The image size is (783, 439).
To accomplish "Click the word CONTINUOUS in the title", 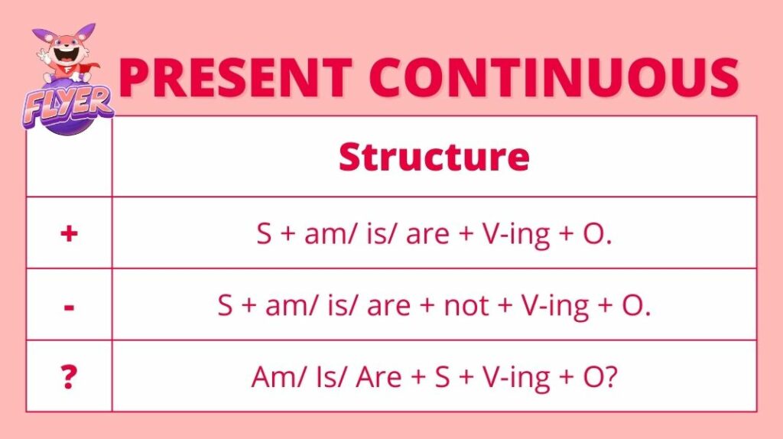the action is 554,77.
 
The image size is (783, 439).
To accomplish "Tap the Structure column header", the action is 434,157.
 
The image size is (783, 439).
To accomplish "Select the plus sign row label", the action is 69,233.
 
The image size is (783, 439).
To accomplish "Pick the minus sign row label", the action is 70,307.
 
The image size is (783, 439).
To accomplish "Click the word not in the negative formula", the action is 466,305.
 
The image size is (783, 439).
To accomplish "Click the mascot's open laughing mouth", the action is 64,53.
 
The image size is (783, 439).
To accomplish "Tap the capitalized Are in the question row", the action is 379,377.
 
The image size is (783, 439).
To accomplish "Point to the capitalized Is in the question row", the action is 325,377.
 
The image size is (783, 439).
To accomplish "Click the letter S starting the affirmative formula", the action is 264,233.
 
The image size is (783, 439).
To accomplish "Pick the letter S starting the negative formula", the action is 226,305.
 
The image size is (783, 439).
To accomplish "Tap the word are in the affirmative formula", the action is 427,235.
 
